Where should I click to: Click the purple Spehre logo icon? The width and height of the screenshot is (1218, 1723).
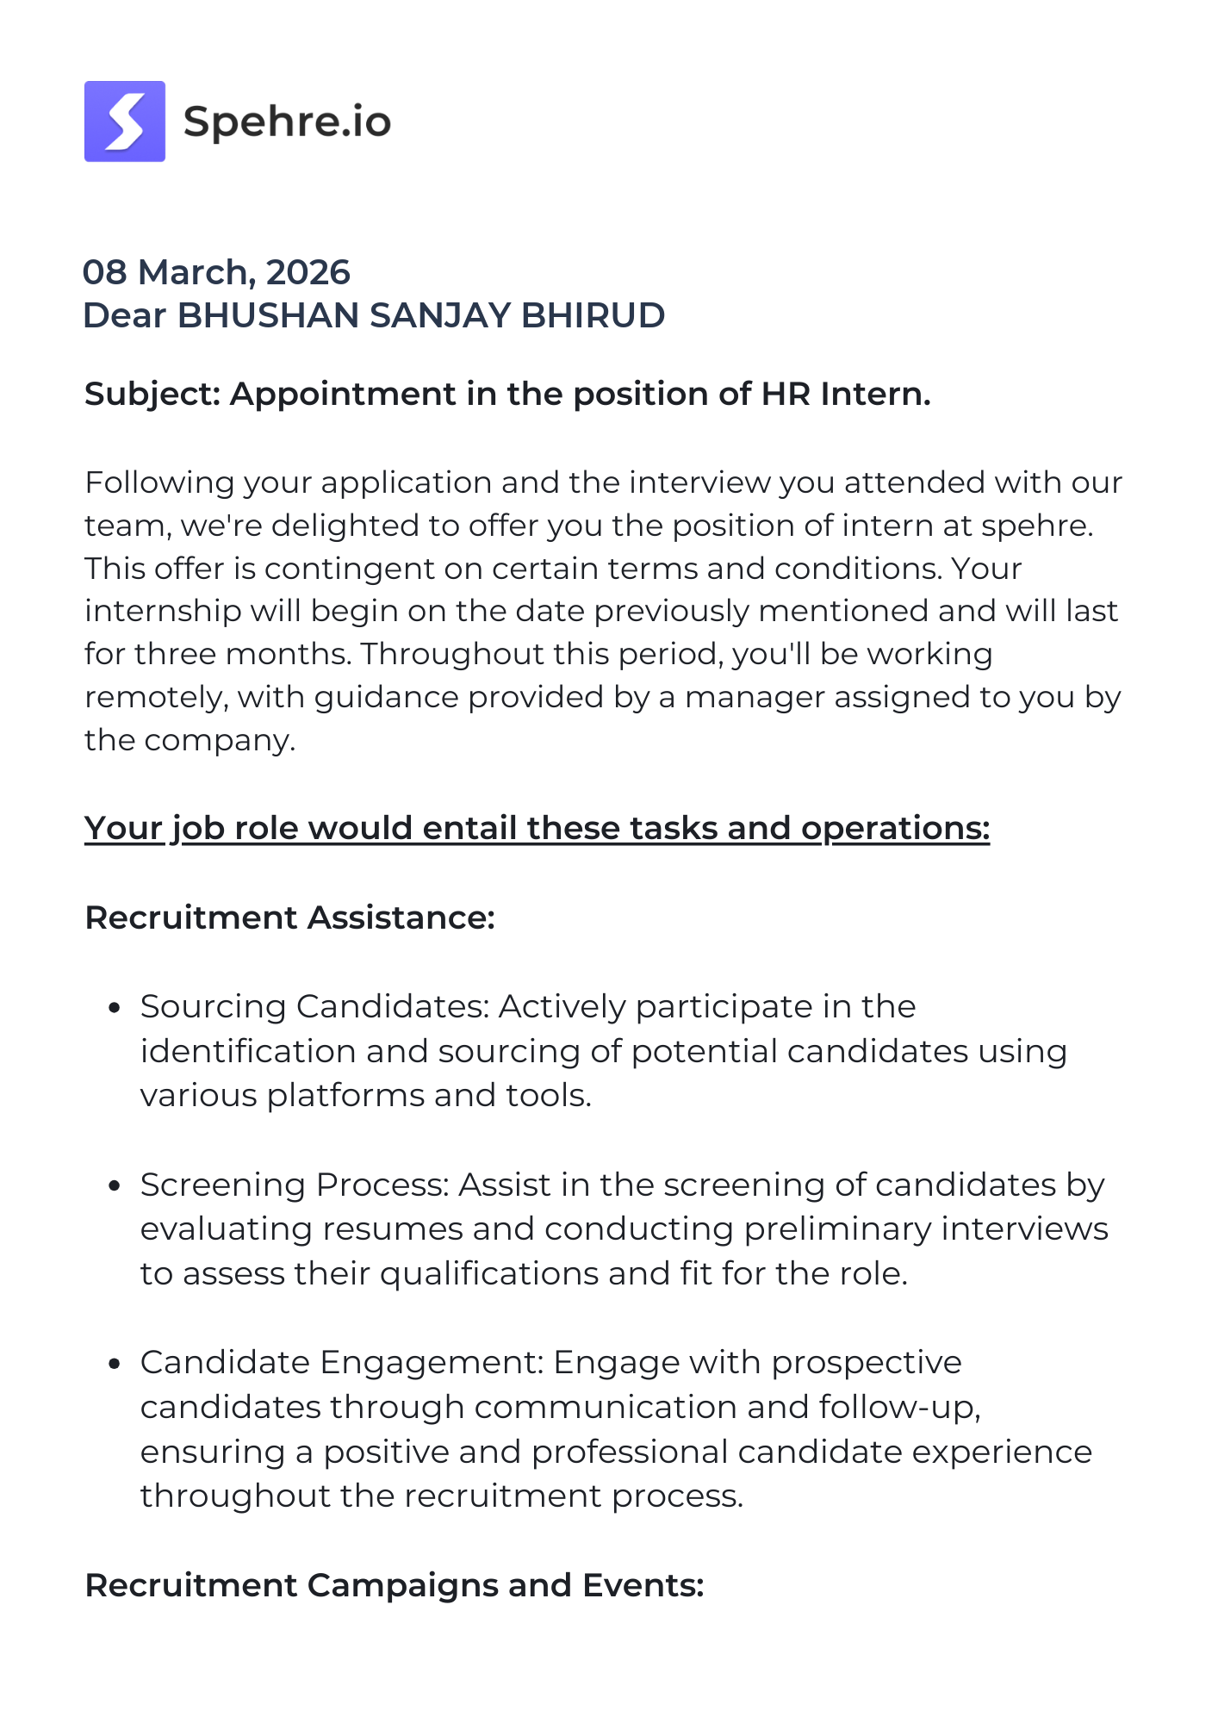pos(125,121)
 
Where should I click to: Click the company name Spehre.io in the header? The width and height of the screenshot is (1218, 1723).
pos(287,121)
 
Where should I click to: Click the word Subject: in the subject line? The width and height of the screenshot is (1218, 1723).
pos(152,394)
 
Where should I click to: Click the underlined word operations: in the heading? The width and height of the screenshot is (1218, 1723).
pos(895,828)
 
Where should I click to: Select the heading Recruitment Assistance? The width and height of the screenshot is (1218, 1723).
pos(290,917)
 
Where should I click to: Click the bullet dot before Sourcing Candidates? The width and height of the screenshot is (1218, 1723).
pos(113,1008)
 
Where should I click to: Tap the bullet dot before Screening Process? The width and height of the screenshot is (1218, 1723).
pos(113,1186)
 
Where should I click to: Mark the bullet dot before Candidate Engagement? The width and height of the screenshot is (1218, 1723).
pos(113,1364)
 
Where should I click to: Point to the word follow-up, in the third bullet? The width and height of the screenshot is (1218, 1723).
pos(900,1407)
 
